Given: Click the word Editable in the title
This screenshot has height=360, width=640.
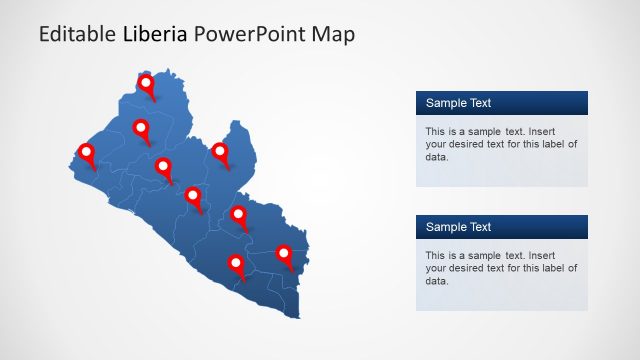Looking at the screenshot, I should (x=77, y=34).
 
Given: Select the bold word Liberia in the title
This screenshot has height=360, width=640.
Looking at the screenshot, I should (x=155, y=34).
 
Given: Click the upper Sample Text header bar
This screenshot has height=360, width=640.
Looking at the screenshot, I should (x=501, y=103).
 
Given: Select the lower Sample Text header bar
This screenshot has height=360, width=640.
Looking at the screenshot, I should (x=501, y=227).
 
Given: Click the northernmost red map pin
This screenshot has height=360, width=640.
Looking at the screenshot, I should (x=147, y=84).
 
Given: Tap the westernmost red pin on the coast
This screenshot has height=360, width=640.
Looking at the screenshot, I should (x=86, y=153).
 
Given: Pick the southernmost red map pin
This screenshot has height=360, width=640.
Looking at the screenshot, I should (x=236, y=264).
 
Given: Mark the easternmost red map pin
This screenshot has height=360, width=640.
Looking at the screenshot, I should (x=284, y=254).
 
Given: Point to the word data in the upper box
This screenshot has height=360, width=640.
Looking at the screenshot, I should (x=436, y=156).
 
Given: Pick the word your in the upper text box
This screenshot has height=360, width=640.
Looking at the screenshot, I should (x=436, y=144).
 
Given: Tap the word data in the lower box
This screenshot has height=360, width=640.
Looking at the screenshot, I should (x=436, y=280).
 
